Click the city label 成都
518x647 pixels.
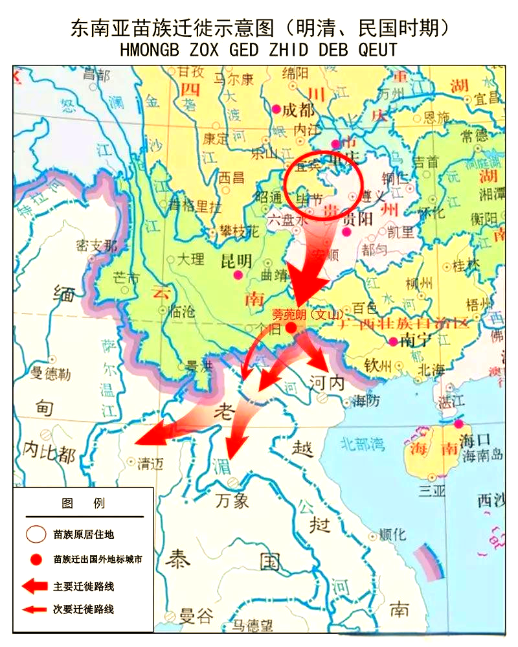tap(298, 109)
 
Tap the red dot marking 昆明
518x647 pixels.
tap(238, 275)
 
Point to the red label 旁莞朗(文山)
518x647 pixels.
tap(306, 315)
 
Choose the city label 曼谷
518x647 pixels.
tap(196, 615)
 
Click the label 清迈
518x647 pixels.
tap(150, 462)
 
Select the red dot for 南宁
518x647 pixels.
tap(393, 342)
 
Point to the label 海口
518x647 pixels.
tap(477, 440)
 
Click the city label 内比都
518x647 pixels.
tap(49, 453)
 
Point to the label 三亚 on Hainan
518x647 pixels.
tap(432, 491)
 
